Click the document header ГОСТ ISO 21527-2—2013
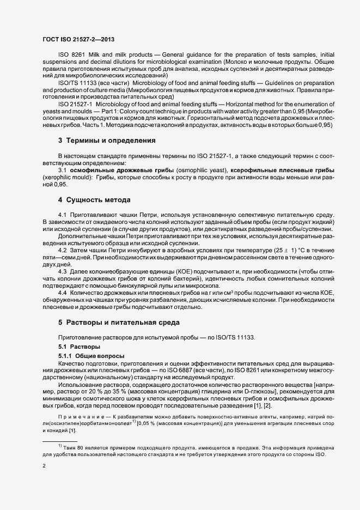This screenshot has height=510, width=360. pos(78,40)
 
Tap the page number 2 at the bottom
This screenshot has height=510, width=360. pos(44,466)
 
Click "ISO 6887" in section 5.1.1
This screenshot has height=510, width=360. pos(187,371)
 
